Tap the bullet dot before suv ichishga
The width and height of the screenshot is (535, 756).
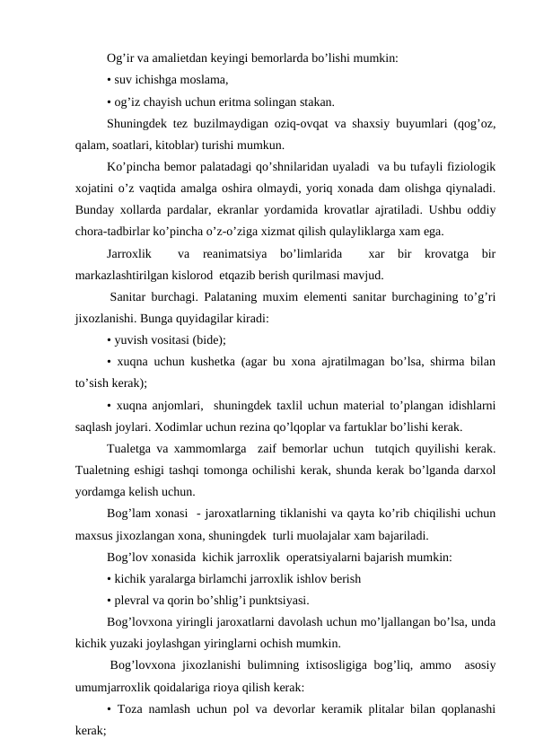(108, 81)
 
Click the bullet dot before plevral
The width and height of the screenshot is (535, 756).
(108, 600)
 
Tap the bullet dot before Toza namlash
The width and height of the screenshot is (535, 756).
(108, 709)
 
